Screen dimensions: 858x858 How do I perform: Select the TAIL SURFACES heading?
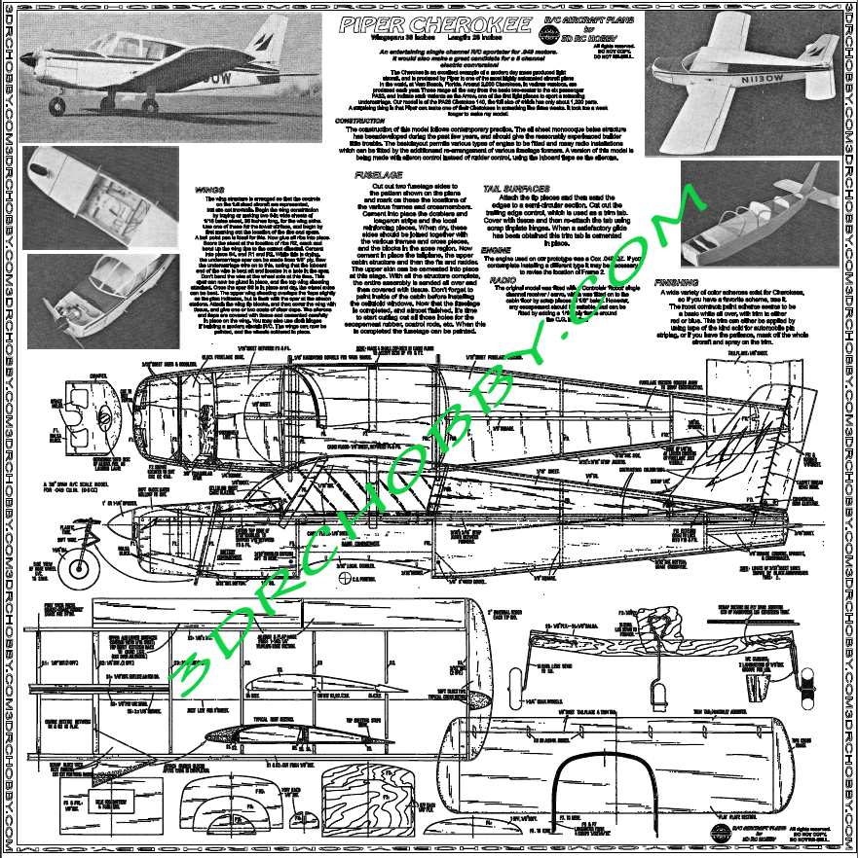(516, 187)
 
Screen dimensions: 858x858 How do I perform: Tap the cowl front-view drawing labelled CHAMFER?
(100, 413)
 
